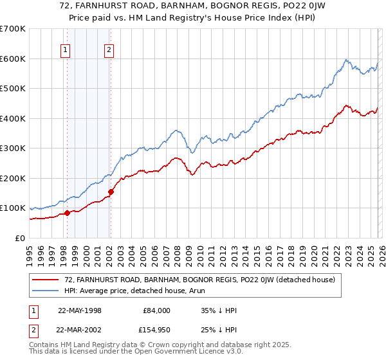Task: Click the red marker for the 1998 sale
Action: click(x=67, y=213)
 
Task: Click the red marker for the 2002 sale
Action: click(x=111, y=192)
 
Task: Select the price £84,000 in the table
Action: click(x=156, y=310)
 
